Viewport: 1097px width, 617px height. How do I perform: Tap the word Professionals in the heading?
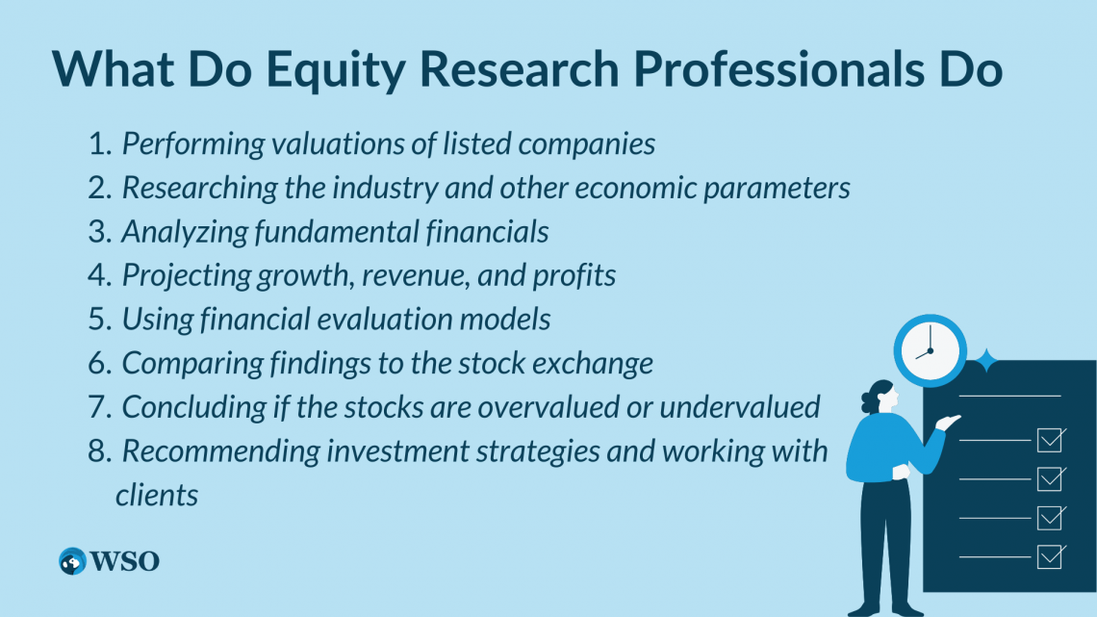point(778,68)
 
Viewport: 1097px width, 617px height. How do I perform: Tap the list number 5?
point(99,320)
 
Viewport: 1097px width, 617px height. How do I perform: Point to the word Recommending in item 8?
point(220,451)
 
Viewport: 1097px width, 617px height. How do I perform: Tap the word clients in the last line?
point(157,496)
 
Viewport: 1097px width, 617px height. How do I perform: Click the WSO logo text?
point(125,561)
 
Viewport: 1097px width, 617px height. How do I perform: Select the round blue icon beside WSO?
point(72,561)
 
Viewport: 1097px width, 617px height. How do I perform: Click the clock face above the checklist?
point(930,350)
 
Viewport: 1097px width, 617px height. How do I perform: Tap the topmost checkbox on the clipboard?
point(1051,440)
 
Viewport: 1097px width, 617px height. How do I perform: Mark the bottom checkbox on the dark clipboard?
point(1051,556)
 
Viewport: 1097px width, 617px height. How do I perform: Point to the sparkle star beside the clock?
point(985,360)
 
